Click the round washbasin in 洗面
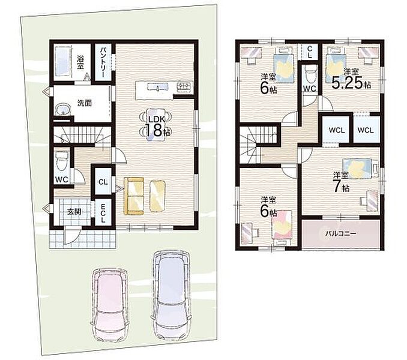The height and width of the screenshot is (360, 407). [63, 109]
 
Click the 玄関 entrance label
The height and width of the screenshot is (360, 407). [74, 212]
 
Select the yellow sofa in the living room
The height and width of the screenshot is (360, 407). [134, 196]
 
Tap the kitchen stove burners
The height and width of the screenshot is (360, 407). [184, 86]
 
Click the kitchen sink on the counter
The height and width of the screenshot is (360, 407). [158, 86]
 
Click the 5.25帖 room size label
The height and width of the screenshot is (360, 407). [351, 83]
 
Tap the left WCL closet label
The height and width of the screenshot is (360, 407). [337, 130]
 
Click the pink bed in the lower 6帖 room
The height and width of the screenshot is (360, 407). [282, 224]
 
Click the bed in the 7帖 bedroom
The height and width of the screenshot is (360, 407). [357, 169]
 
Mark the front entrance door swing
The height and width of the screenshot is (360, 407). [71, 236]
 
